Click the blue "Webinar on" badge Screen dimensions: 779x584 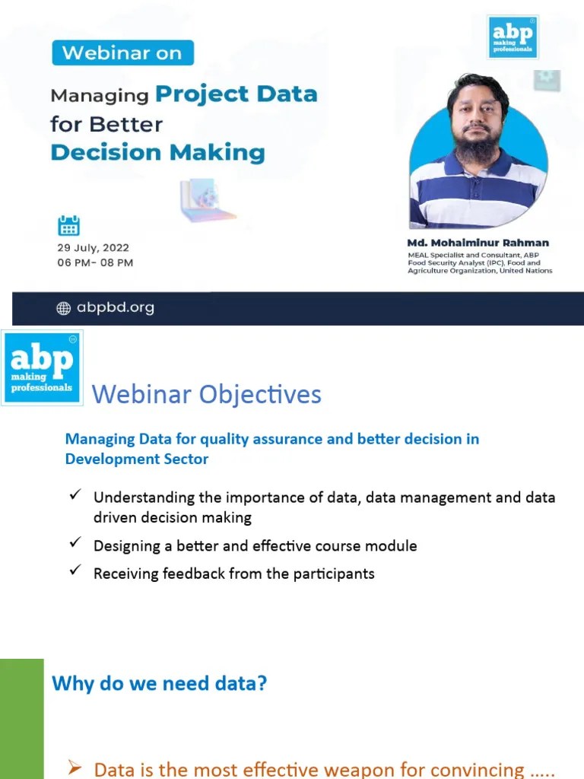[x=122, y=52]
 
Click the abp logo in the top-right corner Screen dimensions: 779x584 [x=513, y=37]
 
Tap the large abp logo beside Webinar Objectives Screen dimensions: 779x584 [x=43, y=367]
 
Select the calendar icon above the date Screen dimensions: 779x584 [x=69, y=225]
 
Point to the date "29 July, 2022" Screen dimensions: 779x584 [x=93, y=248]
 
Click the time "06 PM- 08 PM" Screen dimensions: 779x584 [x=95, y=262]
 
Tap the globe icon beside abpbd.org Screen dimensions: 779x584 [x=64, y=308]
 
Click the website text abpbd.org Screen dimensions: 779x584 [x=116, y=308]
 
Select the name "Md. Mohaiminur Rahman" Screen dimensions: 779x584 [x=478, y=243]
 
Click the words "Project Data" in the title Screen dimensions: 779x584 [x=236, y=94]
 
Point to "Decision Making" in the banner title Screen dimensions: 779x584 [x=157, y=151]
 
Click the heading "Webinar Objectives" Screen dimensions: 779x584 [x=206, y=395]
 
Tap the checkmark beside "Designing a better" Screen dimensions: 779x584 [x=75, y=543]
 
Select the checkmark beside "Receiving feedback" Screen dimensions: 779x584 [x=75, y=571]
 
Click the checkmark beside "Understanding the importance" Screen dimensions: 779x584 [x=75, y=495]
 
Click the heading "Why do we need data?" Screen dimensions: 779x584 [x=159, y=683]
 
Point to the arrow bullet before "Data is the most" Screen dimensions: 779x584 [x=75, y=768]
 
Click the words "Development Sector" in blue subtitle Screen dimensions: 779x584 [x=137, y=459]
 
